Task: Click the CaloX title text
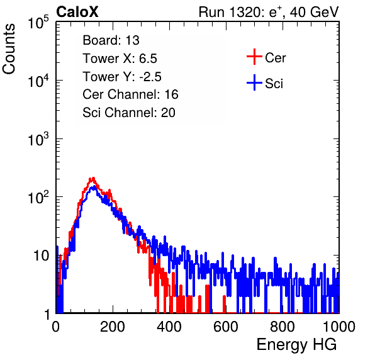[x=77, y=12]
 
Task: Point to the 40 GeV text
[x=315, y=12]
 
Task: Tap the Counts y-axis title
[x=9, y=49]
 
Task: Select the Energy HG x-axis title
[x=296, y=345]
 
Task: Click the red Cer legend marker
[x=254, y=57]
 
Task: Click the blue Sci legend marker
[x=254, y=83]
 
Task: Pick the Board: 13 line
[x=111, y=40]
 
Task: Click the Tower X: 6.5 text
[x=120, y=59]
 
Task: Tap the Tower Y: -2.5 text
[x=122, y=77]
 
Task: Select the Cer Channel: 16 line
[x=130, y=94]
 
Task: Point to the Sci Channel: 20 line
[x=129, y=113]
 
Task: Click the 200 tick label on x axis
[x=113, y=327]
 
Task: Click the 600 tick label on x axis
[x=226, y=327]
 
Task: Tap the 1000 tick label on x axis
[x=339, y=327]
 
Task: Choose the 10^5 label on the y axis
[x=38, y=23]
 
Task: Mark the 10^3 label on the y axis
[x=38, y=139]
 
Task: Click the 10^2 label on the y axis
[x=38, y=197]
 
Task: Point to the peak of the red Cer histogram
[x=92, y=178]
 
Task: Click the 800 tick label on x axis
[x=283, y=327]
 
